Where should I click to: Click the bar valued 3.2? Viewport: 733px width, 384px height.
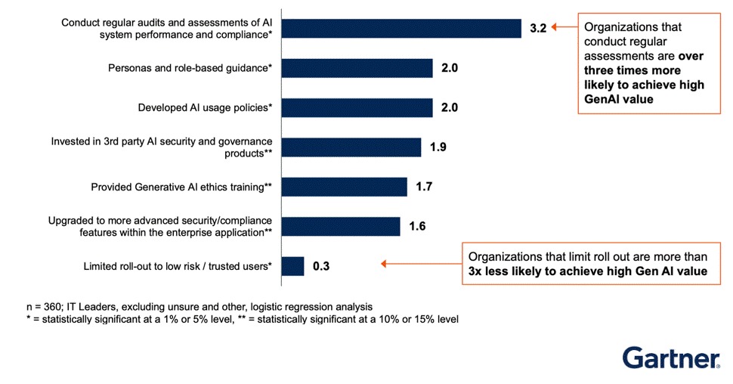click(401, 28)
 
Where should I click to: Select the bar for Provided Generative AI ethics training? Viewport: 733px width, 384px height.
click(344, 187)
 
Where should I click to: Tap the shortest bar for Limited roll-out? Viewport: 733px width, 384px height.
click(292, 266)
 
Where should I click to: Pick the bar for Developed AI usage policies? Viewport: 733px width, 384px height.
click(357, 107)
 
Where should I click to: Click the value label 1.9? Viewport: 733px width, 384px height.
click(438, 147)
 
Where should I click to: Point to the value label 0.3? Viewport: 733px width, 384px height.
click(322, 266)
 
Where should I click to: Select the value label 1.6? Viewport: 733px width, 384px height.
click(418, 226)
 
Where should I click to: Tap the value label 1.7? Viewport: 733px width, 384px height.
click(424, 187)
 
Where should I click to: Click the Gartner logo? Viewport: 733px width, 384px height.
click(670, 358)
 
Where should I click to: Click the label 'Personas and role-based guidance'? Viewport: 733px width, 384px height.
click(191, 68)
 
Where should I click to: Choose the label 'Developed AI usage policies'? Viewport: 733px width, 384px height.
click(205, 107)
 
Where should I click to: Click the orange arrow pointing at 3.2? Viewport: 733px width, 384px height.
click(563, 28)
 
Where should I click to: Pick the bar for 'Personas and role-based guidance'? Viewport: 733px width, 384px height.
click(357, 68)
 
